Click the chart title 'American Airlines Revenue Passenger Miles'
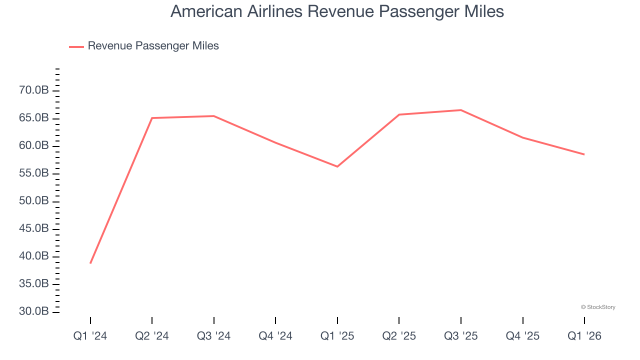(x=337, y=11)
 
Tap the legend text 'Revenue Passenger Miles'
(x=153, y=46)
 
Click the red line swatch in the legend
(x=76, y=46)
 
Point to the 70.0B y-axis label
(x=34, y=90)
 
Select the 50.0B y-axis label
(x=34, y=201)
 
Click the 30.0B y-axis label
(x=34, y=311)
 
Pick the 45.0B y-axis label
(x=34, y=228)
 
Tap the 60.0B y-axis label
(x=34, y=145)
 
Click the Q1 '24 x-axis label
(x=90, y=336)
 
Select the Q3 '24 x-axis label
(x=213, y=336)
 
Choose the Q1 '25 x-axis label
(x=337, y=336)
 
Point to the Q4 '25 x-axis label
(x=522, y=336)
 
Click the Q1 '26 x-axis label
(x=584, y=336)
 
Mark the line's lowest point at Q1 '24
(x=90, y=263)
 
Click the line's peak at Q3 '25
(x=460, y=110)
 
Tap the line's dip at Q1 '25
(x=337, y=166)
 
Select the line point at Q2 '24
(x=152, y=118)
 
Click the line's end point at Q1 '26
(x=584, y=154)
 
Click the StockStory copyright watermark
(x=598, y=307)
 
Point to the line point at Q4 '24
(x=275, y=142)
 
